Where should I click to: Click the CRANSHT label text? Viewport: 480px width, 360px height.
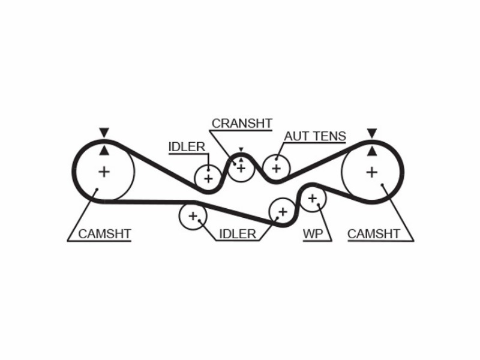[x=242, y=124]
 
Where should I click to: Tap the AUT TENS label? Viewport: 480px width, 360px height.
[x=315, y=136]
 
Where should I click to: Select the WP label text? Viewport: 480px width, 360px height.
[x=313, y=234]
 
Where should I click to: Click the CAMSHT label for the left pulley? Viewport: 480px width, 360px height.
[x=104, y=234]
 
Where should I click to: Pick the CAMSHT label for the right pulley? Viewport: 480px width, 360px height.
[x=373, y=234]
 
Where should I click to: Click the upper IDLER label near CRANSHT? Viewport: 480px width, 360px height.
[x=187, y=147]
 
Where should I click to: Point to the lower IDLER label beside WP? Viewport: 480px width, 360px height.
[x=238, y=234]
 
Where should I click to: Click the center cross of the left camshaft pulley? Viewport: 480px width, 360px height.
[x=104, y=172]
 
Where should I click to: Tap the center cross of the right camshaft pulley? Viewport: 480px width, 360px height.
[x=372, y=172]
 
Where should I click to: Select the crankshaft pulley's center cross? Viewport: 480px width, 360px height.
[x=241, y=168]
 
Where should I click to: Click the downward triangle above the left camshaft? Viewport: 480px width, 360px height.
[x=104, y=132]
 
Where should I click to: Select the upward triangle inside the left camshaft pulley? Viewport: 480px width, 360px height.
[x=104, y=150]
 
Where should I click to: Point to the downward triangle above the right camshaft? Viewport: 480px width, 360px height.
[x=372, y=133]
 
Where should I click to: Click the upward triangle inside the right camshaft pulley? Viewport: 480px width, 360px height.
[x=372, y=151]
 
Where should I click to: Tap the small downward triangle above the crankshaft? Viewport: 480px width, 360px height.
[x=241, y=149]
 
